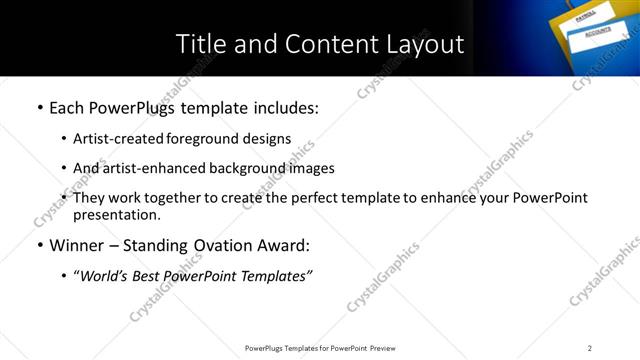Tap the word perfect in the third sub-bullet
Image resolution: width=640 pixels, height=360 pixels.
click(x=323, y=198)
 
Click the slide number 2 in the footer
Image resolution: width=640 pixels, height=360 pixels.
click(x=590, y=348)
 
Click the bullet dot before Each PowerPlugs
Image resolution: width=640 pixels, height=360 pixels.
click(x=39, y=106)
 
